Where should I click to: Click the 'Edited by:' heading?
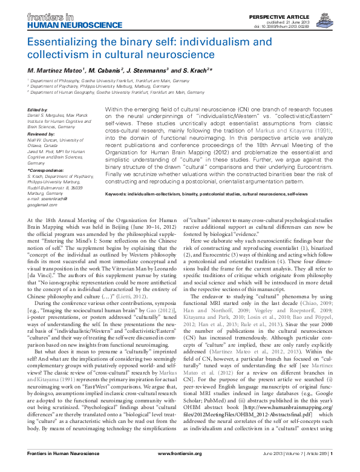pos(39,109)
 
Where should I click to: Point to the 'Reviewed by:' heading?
pos(42,132)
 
